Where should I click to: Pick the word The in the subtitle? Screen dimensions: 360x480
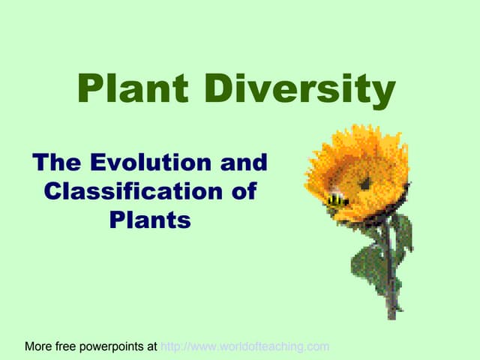click(x=58, y=162)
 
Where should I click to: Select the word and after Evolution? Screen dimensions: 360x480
click(x=241, y=162)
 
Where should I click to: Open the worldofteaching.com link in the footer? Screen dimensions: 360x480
click(x=245, y=346)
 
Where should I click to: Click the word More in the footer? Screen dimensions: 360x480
click(x=39, y=346)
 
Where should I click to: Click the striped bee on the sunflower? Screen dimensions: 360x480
click(x=337, y=199)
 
